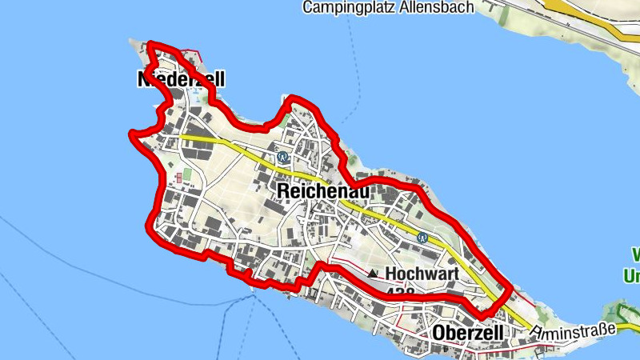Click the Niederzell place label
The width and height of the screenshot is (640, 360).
click(x=182, y=78)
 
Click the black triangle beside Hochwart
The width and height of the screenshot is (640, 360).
click(x=373, y=274)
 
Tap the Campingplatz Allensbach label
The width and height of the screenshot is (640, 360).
click(x=388, y=8)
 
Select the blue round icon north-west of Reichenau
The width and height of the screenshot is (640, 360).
click(x=282, y=157)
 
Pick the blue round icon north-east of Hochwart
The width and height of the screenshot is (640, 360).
click(x=422, y=237)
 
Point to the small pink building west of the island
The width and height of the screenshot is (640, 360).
click(x=177, y=176)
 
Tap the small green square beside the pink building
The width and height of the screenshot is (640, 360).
click(x=187, y=174)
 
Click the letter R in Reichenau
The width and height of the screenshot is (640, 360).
click(x=282, y=190)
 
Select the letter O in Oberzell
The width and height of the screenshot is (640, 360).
click(x=438, y=332)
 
